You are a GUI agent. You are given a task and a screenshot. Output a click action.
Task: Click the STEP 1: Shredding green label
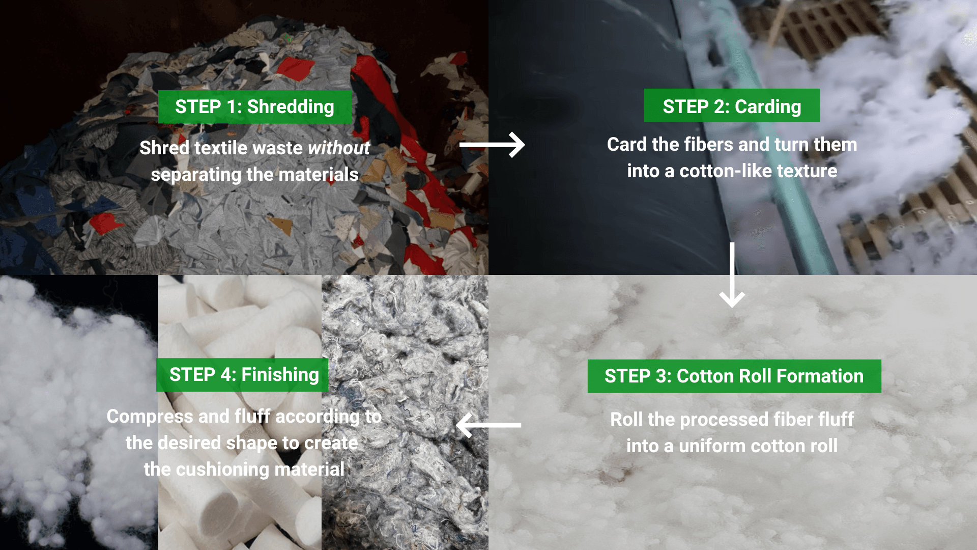pyautogui.click(x=254, y=107)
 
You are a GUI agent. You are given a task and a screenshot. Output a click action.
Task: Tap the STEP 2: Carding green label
pyautogui.click(x=732, y=106)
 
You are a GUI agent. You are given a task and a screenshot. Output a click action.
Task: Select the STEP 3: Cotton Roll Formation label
pyautogui.click(x=734, y=376)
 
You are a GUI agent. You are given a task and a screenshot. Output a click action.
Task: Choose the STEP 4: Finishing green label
pyautogui.click(x=243, y=375)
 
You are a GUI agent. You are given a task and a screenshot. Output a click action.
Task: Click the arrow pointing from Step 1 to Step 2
pyautogui.click(x=492, y=145)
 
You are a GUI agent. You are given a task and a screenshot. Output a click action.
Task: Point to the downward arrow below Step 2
pyautogui.click(x=732, y=275)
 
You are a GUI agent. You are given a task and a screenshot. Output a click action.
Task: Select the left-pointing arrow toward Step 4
pyautogui.click(x=489, y=425)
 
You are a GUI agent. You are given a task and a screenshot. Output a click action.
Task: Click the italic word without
pyautogui.click(x=339, y=148)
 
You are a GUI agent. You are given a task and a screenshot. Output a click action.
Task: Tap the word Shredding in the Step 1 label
pyautogui.click(x=291, y=107)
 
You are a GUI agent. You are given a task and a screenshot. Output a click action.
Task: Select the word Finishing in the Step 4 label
pyautogui.click(x=280, y=375)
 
